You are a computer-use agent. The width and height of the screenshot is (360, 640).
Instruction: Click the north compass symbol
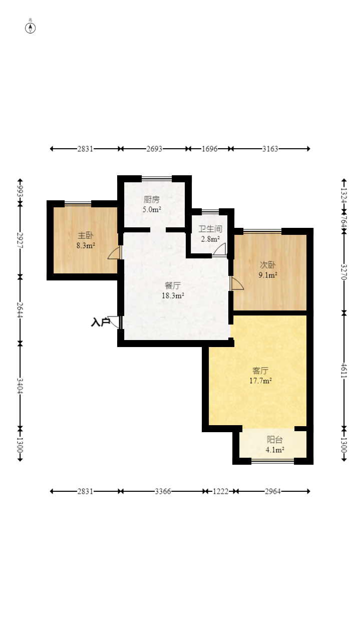coord(30,28)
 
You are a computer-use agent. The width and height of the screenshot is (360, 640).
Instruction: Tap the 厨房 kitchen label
coord(152,199)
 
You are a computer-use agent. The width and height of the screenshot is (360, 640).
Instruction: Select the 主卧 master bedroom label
coord(86,235)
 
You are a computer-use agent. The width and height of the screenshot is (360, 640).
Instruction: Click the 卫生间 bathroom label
coord(210,229)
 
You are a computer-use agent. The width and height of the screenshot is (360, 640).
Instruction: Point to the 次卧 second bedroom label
coord(268,265)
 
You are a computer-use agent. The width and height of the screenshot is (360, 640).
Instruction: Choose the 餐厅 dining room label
coord(173,285)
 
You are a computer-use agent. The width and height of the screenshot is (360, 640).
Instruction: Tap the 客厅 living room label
coord(260,371)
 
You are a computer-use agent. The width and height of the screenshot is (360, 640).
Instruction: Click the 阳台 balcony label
coord(275,439)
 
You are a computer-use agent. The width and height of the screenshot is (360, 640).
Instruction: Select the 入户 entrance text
coord(101,323)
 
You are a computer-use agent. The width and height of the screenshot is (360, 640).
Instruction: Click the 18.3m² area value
coord(173,295)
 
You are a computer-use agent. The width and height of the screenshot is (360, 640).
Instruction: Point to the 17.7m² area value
coord(260,381)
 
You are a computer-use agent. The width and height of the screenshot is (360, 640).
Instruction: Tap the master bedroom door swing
coord(114,253)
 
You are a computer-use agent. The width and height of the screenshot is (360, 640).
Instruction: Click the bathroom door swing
coord(219,249)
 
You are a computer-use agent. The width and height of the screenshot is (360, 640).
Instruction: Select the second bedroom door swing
coord(237,283)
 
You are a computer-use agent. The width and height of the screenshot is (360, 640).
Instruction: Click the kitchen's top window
coord(157,179)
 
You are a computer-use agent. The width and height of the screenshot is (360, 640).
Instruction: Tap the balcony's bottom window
coord(272,461)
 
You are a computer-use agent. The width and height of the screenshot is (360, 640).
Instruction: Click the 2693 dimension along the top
coord(154,149)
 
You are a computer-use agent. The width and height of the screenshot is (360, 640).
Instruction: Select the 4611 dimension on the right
coord(343,371)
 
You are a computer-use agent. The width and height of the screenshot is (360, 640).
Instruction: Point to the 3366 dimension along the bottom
coord(163,491)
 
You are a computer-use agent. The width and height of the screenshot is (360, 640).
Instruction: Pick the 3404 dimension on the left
coord(20,386)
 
